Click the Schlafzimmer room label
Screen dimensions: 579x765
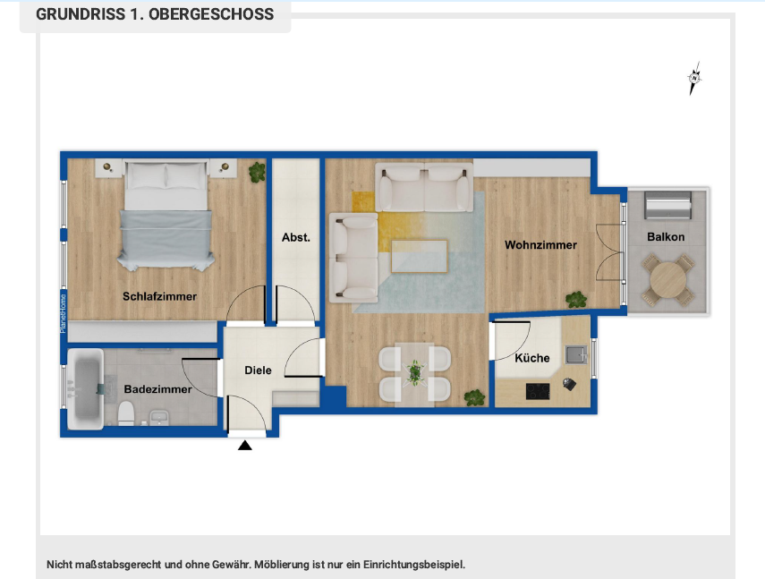pyautogui.click(x=160, y=296)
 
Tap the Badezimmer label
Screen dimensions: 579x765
pyautogui.click(x=157, y=389)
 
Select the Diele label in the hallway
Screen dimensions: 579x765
pyautogui.click(x=259, y=370)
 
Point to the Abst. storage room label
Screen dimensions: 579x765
pyautogui.click(x=296, y=237)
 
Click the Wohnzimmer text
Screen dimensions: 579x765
pyautogui.click(x=540, y=244)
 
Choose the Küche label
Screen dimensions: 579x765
pyautogui.click(x=532, y=358)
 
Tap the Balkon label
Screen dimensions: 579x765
pyautogui.click(x=667, y=237)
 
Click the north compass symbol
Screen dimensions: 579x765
pyautogui.click(x=694, y=79)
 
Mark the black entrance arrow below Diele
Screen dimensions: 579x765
pyautogui.click(x=245, y=445)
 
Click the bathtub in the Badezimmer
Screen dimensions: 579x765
pyautogui.click(x=85, y=391)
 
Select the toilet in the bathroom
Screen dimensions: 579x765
pyautogui.click(x=126, y=412)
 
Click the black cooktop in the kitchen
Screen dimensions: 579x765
pyautogui.click(x=539, y=390)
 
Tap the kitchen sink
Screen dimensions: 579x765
pyautogui.click(x=575, y=354)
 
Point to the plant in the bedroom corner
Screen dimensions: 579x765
pyautogui.click(x=257, y=171)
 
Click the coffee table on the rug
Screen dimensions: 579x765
pyautogui.click(x=419, y=256)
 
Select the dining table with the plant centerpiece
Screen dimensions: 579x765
pyautogui.click(x=414, y=371)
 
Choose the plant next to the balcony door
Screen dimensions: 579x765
pyautogui.click(x=577, y=299)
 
